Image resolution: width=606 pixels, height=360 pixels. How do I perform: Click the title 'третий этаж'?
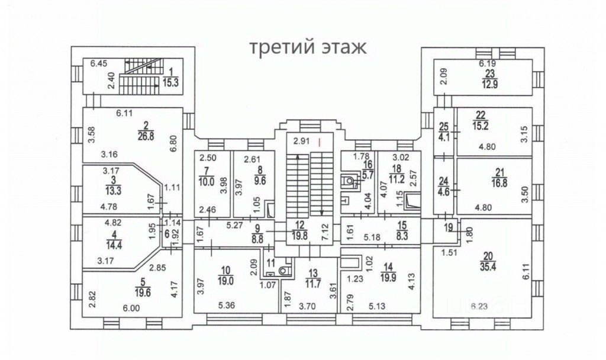pos(308,47)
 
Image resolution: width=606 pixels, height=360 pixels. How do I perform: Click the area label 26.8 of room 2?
pos(146,136)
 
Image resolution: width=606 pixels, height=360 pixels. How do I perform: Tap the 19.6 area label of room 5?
pos(143,293)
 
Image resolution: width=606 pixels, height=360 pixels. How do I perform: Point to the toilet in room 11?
pos(285,270)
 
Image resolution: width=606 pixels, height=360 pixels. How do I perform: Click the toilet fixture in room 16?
pos(348,180)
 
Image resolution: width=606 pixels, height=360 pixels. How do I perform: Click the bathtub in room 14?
pos(350,261)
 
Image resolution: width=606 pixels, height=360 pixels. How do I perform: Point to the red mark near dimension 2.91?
pos(320,142)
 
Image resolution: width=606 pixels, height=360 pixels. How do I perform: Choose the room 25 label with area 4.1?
pos(444,131)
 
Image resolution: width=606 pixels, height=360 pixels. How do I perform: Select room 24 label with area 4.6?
pos(444,187)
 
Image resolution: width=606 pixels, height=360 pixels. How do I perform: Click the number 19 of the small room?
pos(449,228)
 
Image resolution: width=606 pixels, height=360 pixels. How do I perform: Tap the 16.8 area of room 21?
pos(499,183)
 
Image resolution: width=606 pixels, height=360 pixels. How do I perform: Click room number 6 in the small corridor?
pos(167,233)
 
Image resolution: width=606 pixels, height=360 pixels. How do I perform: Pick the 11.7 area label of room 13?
pos(313,284)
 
